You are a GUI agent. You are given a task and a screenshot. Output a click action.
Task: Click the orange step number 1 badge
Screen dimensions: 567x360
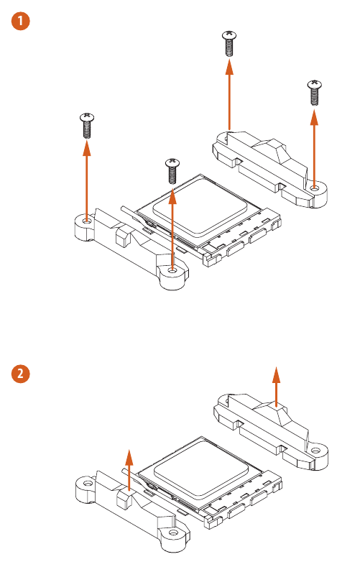click(x=22, y=22)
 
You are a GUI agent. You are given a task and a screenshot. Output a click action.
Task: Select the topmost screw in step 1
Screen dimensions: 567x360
click(x=229, y=44)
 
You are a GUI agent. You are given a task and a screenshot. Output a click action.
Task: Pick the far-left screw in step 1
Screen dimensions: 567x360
click(x=86, y=125)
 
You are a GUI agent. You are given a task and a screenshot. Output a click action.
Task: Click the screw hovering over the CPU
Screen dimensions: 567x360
click(x=172, y=171)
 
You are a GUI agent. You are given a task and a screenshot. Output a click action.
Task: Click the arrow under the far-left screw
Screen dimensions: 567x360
click(x=86, y=180)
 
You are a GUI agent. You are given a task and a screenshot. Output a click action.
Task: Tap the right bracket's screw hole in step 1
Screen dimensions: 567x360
click(x=315, y=188)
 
